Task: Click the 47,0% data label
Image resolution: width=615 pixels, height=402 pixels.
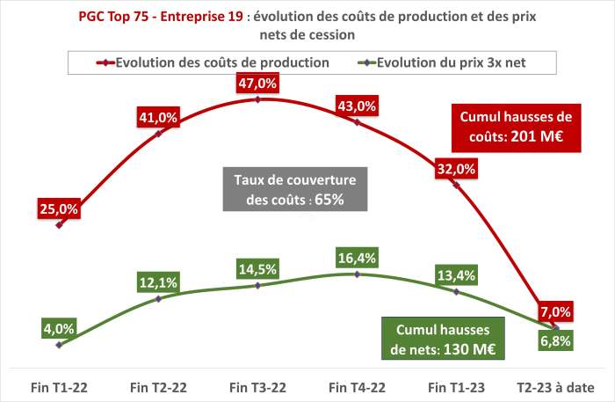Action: [257, 84]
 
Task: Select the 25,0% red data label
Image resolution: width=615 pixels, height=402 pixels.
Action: [59, 208]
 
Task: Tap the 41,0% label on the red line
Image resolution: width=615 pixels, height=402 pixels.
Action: [158, 117]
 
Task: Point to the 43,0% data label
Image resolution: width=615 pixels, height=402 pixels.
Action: [357, 106]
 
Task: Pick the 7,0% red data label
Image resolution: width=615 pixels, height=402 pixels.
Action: [555, 311]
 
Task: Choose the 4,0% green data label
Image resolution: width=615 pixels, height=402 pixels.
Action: [59, 329]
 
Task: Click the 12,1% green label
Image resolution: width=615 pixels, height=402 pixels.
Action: [158, 282]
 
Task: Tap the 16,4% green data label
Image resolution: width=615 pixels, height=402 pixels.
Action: [357, 258]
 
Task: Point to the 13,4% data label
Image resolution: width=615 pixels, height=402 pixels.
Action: [456, 275]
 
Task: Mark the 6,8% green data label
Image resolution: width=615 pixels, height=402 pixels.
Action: [555, 341]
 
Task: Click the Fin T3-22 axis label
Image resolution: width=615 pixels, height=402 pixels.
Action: [257, 386]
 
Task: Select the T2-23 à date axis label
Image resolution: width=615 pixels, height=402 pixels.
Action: [554, 386]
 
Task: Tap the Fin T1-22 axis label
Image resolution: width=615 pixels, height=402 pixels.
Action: [59, 386]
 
